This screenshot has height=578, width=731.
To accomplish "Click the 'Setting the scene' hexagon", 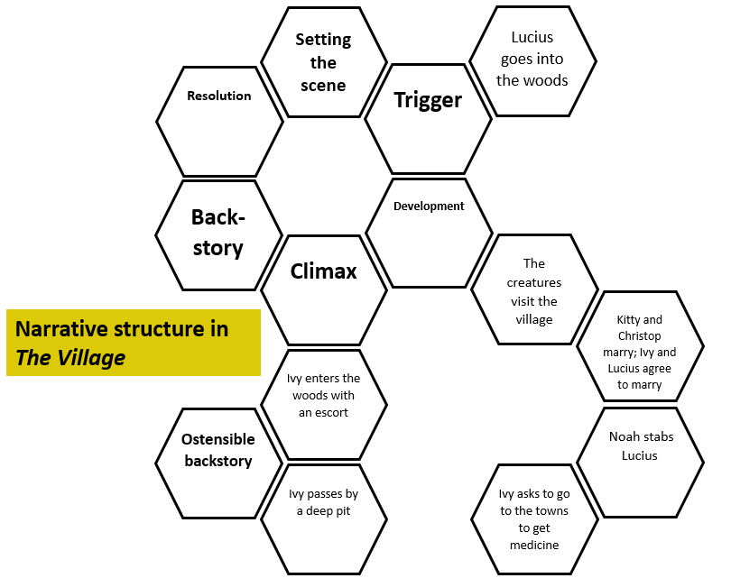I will (x=323, y=61).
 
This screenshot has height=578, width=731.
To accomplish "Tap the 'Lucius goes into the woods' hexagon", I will (x=532, y=60).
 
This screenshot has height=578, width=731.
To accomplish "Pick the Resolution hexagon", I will (x=219, y=121).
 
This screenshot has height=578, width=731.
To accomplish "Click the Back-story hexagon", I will (x=218, y=234).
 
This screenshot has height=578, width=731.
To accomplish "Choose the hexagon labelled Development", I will (x=429, y=232).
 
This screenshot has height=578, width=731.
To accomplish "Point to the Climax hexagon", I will (x=323, y=289).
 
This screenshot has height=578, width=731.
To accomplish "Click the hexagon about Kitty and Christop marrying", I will (x=639, y=345).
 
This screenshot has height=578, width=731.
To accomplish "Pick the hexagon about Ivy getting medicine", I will (x=533, y=518).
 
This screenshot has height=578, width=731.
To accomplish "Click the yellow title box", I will (x=134, y=343).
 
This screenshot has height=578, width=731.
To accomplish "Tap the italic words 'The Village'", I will (x=70, y=358).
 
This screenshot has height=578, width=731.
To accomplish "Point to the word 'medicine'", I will (x=533, y=545).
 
